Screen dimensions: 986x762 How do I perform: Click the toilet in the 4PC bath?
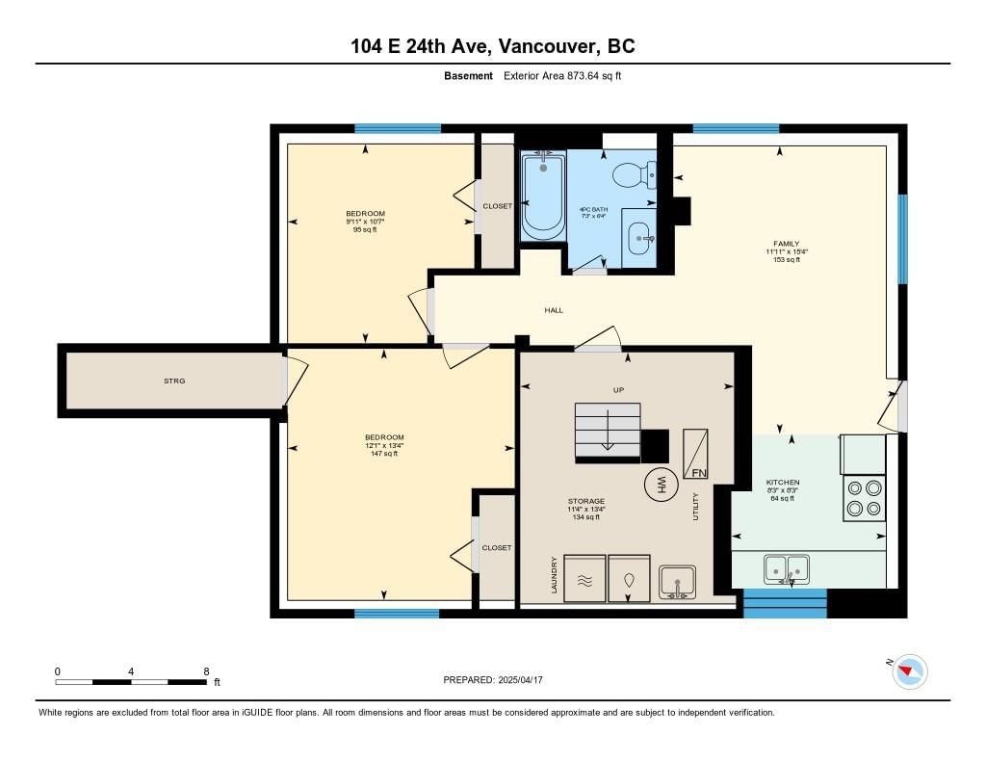[x=636, y=175]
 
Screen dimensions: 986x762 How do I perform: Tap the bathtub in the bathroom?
[x=543, y=196]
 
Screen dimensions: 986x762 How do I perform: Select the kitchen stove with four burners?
[x=864, y=498]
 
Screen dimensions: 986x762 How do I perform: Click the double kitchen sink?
[x=787, y=568]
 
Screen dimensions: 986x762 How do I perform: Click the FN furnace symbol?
[x=695, y=454]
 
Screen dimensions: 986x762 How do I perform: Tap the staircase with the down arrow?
[x=609, y=431]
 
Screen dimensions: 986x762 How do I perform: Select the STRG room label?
[x=174, y=381]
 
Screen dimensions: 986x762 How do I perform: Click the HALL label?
[x=554, y=310]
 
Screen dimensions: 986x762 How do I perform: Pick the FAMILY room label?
[x=787, y=244]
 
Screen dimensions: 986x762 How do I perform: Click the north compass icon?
[x=909, y=671]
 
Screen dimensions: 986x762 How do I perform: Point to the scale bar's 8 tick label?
[x=206, y=671]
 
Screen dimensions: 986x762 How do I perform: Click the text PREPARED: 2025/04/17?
[x=493, y=680]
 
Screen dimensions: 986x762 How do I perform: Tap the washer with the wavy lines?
[x=584, y=578]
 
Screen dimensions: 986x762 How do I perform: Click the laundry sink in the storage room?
[x=677, y=582]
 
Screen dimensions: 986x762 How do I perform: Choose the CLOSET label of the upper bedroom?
[x=498, y=206]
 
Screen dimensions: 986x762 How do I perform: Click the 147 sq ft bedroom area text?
[x=384, y=454]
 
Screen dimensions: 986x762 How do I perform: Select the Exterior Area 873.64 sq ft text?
[x=562, y=75]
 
